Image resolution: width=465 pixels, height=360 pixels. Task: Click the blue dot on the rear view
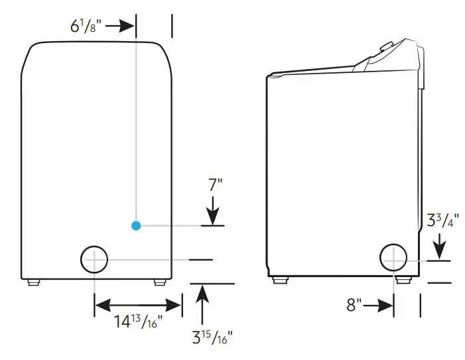click(136, 225)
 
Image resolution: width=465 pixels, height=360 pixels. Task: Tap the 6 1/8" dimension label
click(86, 27)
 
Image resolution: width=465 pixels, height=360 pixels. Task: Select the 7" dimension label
click(214, 185)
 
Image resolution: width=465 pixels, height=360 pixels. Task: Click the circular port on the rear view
click(94, 259)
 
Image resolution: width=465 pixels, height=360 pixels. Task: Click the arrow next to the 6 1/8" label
click(120, 27)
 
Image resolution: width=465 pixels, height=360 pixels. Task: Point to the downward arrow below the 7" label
click(212, 213)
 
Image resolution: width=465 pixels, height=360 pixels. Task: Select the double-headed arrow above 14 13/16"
click(137, 306)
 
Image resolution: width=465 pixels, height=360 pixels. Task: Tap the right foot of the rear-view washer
click(159, 282)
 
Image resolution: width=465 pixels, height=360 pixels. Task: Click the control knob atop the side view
click(385, 48)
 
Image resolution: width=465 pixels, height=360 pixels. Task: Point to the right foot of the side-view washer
click(402, 280)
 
